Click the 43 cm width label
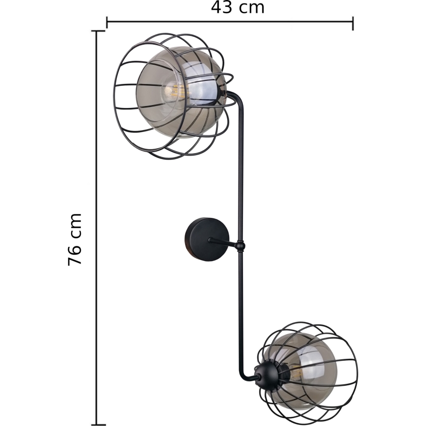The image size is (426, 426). tap(238, 7)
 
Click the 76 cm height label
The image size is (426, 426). tap(75, 240)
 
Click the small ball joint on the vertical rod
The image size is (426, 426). tap(240, 246)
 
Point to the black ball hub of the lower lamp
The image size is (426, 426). tap(266, 376)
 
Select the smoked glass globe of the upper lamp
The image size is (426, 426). tap(181, 92)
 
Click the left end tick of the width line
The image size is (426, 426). tap(107, 23)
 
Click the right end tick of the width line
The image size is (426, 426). tap(353, 23)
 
